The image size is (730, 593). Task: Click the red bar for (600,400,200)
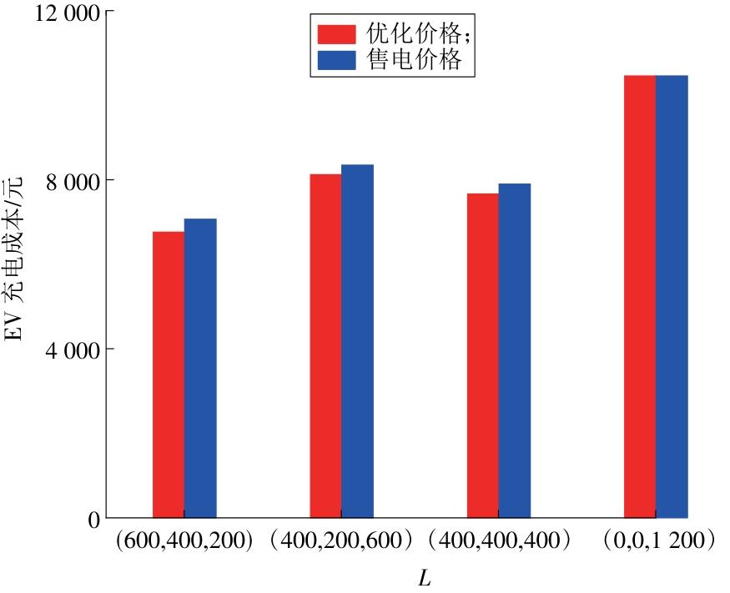click(x=169, y=374)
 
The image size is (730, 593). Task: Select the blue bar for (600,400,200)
click(x=200, y=368)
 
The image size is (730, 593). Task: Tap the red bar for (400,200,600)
click(x=325, y=346)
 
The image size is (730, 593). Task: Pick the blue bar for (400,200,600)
click(x=357, y=341)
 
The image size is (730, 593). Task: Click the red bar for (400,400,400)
click(x=482, y=355)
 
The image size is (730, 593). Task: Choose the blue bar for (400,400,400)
click(x=515, y=350)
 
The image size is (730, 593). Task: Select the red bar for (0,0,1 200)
click(x=640, y=296)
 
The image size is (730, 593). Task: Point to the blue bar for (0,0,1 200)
click(x=672, y=296)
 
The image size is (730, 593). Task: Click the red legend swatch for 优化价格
click(x=336, y=33)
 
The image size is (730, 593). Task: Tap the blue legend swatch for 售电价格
click(x=336, y=59)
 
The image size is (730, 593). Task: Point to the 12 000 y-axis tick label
click(x=60, y=14)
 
